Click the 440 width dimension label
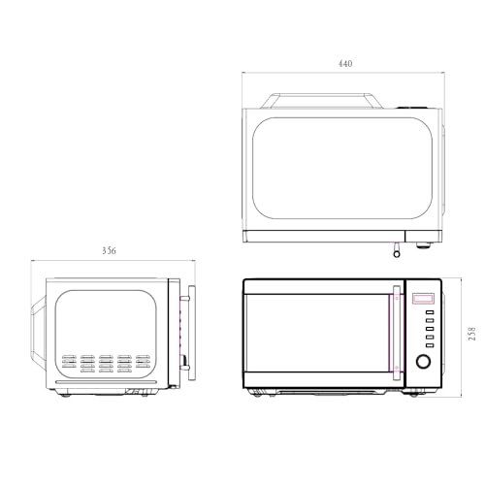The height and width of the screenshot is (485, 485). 345,64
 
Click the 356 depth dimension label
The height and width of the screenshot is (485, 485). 109,251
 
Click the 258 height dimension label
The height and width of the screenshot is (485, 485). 471,334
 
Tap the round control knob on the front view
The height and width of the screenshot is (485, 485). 424,362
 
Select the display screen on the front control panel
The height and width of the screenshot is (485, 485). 424,299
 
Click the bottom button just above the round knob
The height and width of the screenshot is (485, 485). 424,345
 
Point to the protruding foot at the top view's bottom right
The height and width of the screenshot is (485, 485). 424,242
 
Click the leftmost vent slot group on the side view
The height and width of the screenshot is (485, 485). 68,363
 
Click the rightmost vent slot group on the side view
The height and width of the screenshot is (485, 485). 144,363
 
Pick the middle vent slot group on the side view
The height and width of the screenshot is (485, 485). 106,363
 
